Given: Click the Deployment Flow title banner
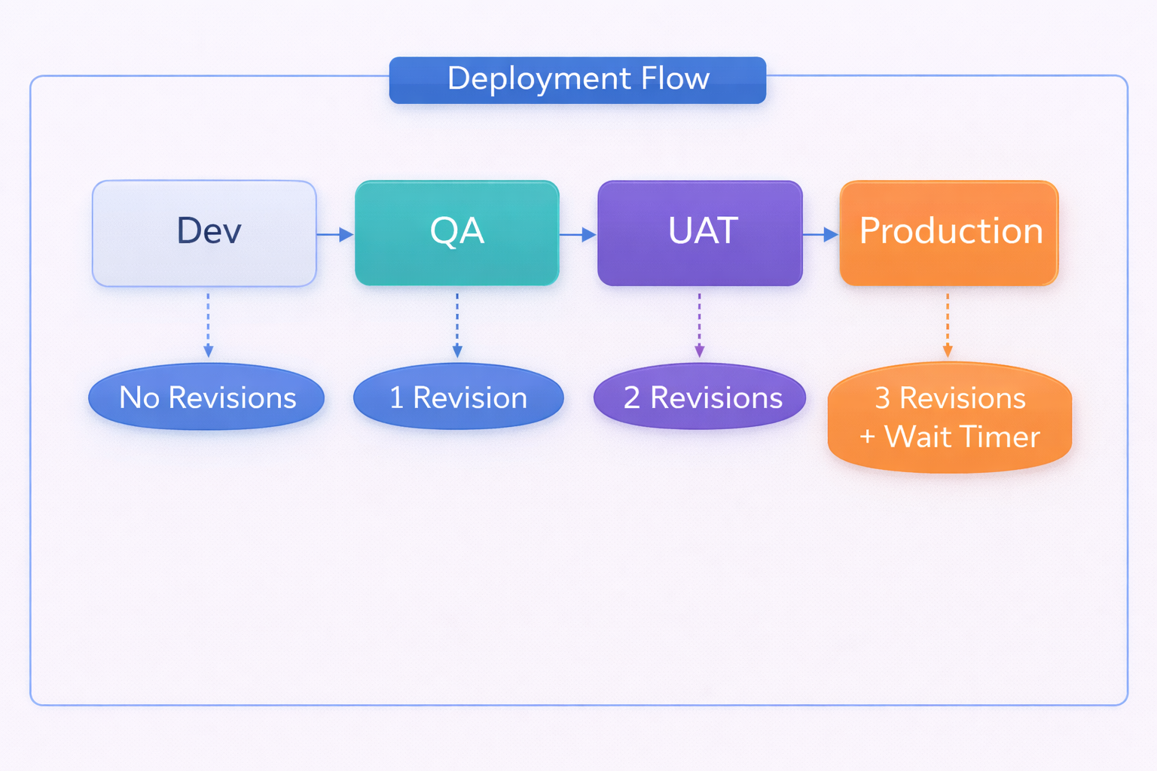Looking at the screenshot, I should click(x=577, y=80).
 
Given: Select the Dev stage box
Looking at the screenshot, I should click(x=204, y=233).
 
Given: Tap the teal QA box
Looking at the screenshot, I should click(x=456, y=233).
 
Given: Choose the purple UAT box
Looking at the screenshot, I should click(x=700, y=233).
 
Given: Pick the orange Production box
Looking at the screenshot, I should click(x=949, y=233).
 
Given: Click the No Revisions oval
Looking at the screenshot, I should click(x=206, y=397).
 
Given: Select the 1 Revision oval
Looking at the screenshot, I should click(x=458, y=397).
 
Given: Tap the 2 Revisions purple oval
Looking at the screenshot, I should click(x=700, y=397).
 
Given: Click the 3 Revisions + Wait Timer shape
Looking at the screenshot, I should click(x=949, y=418).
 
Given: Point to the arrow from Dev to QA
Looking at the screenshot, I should click(x=335, y=235).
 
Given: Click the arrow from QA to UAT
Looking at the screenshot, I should click(x=578, y=235).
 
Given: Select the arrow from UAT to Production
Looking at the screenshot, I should click(x=820, y=235).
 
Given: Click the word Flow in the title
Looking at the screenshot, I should click(x=675, y=78).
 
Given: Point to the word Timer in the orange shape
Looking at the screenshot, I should click(x=1000, y=437).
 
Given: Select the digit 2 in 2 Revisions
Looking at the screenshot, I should click(x=632, y=398).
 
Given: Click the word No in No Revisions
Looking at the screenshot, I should click(x=139, y=398).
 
